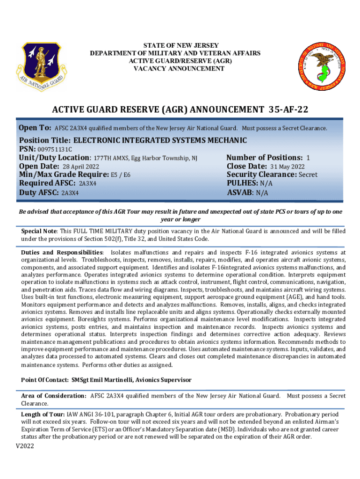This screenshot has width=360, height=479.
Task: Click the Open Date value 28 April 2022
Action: (80, 167)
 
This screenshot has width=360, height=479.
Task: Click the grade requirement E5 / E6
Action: (121, 175)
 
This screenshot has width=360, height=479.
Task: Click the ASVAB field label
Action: (240, 192)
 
